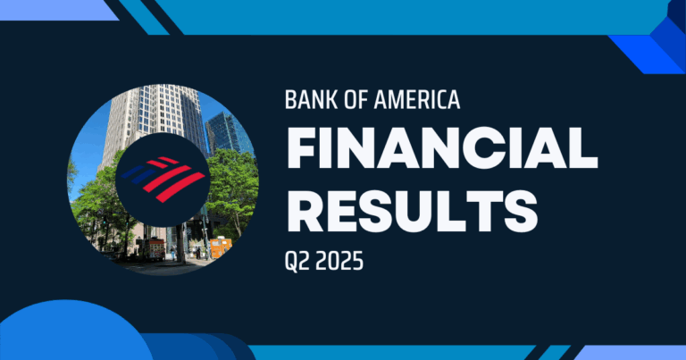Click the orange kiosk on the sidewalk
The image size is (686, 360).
(220, 244)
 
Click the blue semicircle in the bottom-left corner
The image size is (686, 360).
(71, 335)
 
